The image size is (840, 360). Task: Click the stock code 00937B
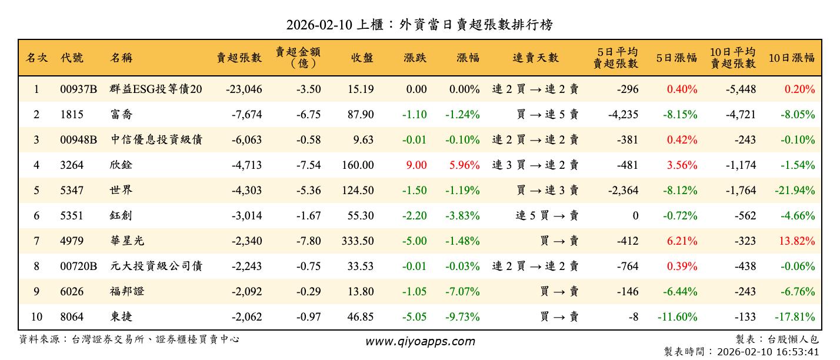78,89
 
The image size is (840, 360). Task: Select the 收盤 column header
362,58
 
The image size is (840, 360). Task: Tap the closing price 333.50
358,241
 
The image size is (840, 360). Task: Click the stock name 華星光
127,241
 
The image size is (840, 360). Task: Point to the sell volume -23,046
244,89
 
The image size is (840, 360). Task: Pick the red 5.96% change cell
464,165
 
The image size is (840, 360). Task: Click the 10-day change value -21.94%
792,191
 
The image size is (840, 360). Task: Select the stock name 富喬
121,115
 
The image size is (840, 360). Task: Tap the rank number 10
36,317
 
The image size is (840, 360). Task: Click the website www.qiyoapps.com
420,341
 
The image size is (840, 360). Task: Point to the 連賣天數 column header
535,58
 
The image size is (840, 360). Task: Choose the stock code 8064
72,317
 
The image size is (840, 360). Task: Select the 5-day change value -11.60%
677,317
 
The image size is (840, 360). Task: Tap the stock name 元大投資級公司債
156,266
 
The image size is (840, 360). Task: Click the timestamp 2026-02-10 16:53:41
767,352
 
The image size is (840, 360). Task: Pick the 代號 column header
72,58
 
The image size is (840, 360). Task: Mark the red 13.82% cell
797,241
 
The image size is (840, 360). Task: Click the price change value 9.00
416,165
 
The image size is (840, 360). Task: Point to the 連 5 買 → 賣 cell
546,216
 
